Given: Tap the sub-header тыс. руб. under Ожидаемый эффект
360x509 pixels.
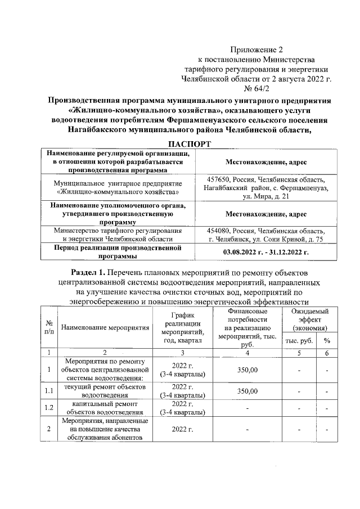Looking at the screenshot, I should [x=300, y=341].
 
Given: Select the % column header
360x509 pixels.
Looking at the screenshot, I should [x=326, y=341].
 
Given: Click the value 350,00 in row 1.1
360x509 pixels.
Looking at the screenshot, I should [x=246, y=391].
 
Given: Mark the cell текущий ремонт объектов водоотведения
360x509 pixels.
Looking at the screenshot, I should [x=105, y=391].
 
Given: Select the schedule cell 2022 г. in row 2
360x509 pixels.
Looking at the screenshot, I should [x=182, y=430].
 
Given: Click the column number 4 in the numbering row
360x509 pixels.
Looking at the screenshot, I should [x=246, y=352].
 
